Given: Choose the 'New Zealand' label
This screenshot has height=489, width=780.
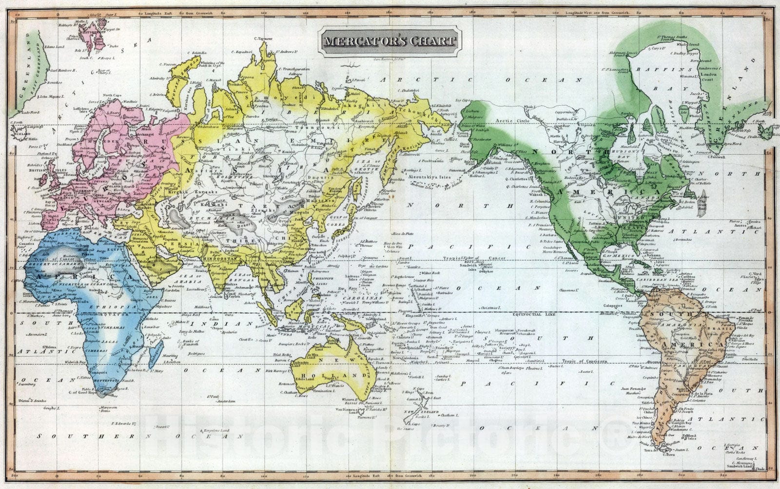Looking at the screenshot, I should pyautogui.click(x=416, y=413).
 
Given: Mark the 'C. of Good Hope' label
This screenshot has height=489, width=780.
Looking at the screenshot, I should pyautogui.click(x=83, y=392).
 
